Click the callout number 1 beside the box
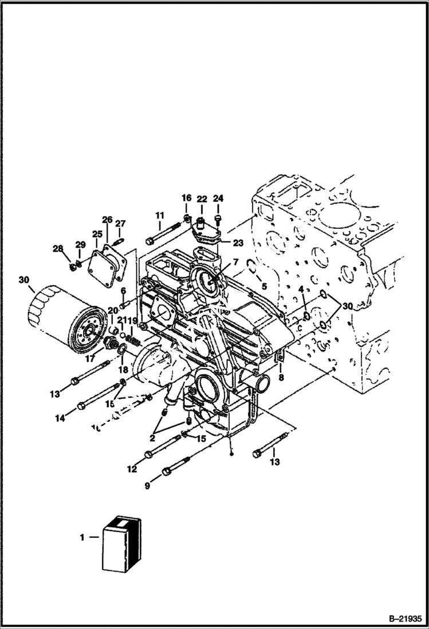82,537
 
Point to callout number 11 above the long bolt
160,216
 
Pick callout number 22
202,198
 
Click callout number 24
218,198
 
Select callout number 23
238,243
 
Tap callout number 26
107,220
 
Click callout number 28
58,248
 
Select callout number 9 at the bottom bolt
147,485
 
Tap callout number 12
132,469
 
